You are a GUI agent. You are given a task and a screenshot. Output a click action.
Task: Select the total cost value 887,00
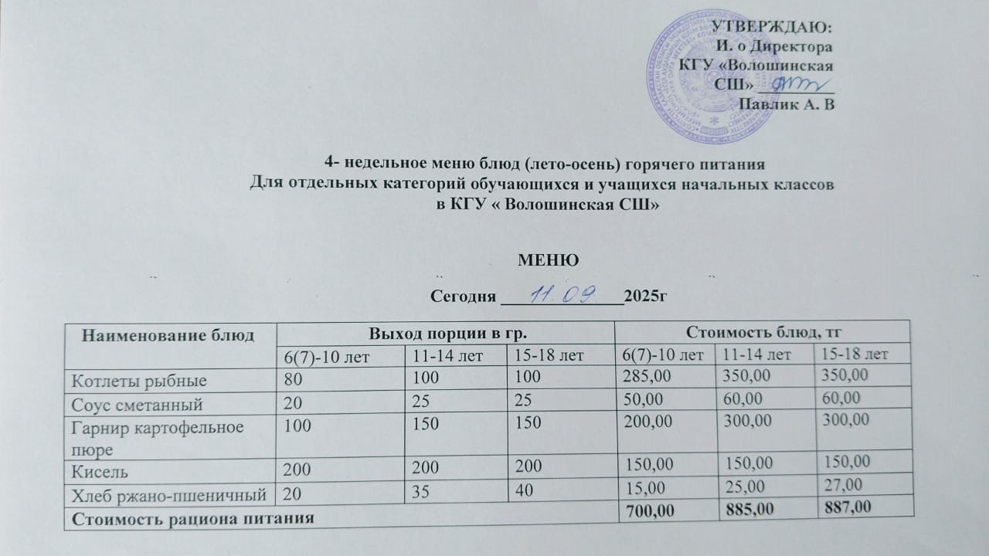(x=847, y=507)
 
